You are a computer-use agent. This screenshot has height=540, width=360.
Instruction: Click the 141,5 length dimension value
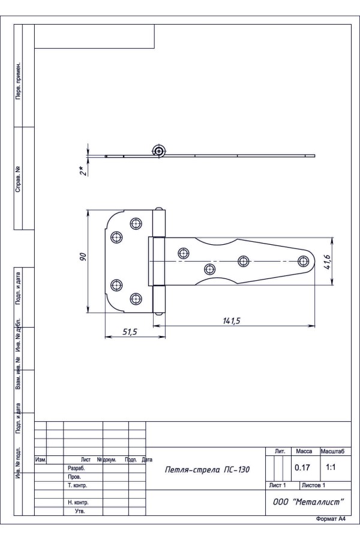click(x=232, y=321)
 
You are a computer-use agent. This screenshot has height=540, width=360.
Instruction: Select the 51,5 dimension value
click(x=130, y=332)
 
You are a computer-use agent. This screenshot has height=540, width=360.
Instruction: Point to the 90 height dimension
click(x=83, y=257)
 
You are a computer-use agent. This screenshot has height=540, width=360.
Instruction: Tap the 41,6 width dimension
click(x=327, y=262)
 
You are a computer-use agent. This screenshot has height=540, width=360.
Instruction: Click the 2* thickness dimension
click(x=82, y=170)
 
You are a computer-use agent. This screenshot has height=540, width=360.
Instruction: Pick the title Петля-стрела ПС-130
click(x=208, y=469)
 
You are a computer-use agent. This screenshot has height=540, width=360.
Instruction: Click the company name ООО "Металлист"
click(x=308, y=502)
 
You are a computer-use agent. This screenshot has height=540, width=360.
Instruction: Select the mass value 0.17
click(x=302, y=467)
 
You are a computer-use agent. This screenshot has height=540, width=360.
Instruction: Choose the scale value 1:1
click(x=331, y=467)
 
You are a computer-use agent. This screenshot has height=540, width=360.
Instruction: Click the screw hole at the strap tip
click(x=303, y=262)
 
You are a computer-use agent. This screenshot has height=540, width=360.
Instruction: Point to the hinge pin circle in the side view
click(x=159, y=151)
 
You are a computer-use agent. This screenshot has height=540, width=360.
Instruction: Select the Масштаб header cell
click(x=332, y=451)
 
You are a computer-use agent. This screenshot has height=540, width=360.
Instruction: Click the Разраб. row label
click(x=76, y=469)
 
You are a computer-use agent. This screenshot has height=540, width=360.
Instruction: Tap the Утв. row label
click(x=80, y=511)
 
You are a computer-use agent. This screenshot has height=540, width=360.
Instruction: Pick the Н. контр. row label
click(x=78, y=503)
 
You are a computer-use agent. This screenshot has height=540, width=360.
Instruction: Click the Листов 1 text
click(x=313, y=485)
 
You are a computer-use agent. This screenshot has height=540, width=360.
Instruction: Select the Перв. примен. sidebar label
click(x=18, y=81)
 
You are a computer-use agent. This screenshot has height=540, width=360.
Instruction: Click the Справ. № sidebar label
click(x=18, y=179)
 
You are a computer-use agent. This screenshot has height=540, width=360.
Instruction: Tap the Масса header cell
click(x=304, y=451)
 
